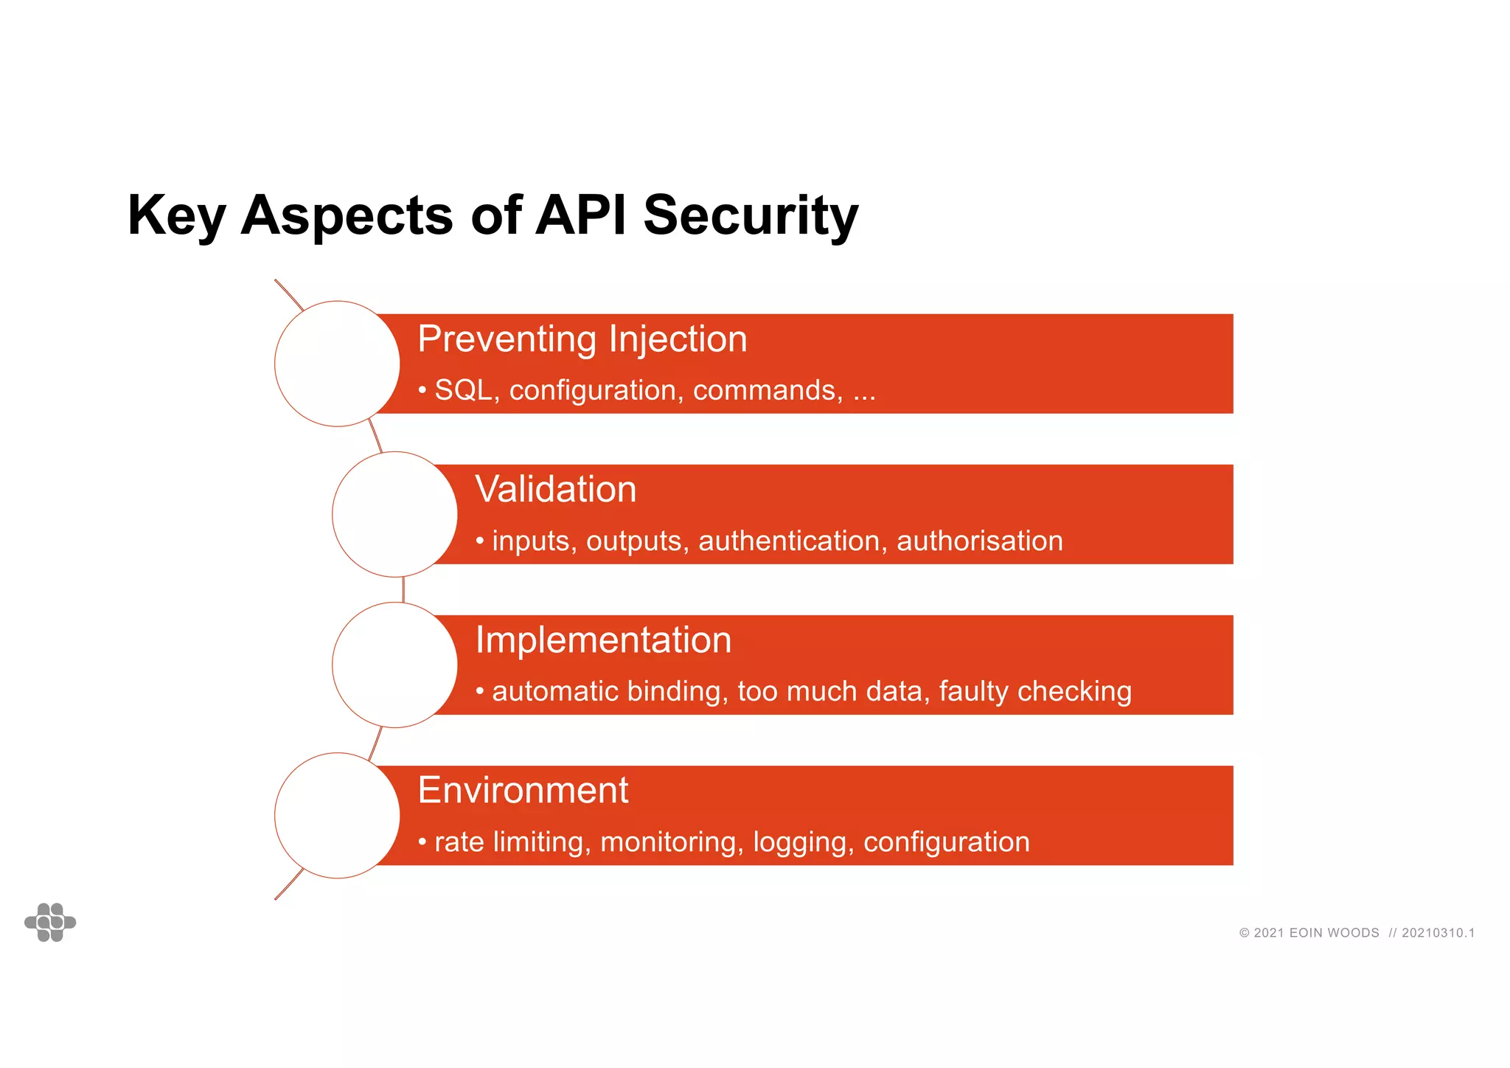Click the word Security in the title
click(751, 215)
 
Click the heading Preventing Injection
click(582, 339)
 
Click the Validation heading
click(556, 490)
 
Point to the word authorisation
click(979, 541)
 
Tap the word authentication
click(788, 541)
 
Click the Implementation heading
click(603, 640)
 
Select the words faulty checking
click(1034, 692)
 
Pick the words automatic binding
click(610, 692)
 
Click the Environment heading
click(523, 791)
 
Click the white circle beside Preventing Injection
click(337, 364)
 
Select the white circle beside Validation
click(394, 514)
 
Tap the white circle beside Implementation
click(394, 665)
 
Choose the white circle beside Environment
click(337, 815)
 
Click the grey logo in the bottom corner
click(50, 922)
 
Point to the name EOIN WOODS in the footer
click(1334, 933)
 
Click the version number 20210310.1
click(1438, 933)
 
